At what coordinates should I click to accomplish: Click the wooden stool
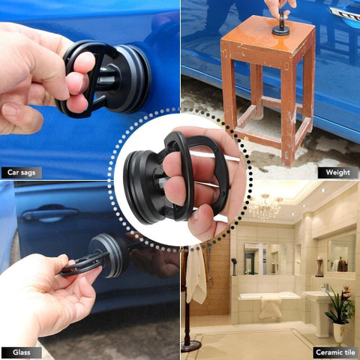267,82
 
